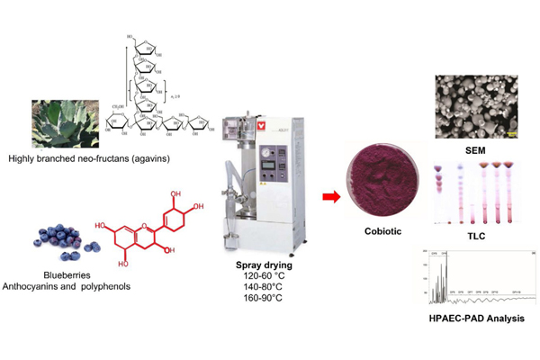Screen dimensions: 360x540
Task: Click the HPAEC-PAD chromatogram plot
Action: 473,280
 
